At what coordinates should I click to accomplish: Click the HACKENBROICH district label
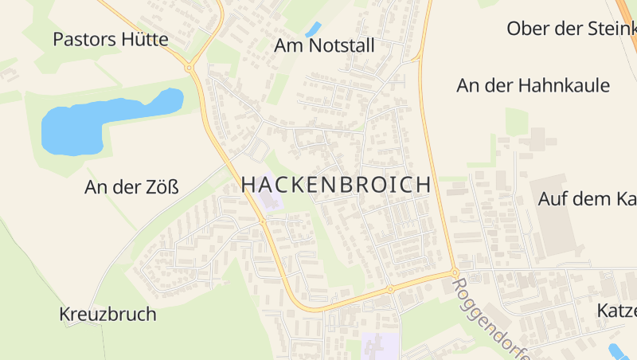pyautogui.click(x=335, y=185)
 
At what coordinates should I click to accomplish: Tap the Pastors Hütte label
pyautogui.click(x=111, y=39)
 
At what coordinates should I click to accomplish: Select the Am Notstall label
pyautogui.click(x=323, y=46)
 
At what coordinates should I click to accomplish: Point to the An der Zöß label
pyautogui.click(x=131, y=188)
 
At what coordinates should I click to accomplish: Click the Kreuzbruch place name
pyautogui.click(x=107, y=314)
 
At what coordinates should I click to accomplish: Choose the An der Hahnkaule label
pyautogui.click(x=533, y=85)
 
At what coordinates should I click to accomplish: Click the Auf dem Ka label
pyautogui.click(x=587, y=198)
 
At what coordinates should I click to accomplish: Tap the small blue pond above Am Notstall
pyautogui.click(x=313, y=29)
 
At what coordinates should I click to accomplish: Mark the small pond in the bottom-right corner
pyautogui.click(x=617, y=350)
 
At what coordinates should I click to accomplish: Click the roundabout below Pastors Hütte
pyautogui.click(x=190, y=68)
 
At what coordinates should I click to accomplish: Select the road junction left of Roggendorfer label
pyautogui.click(x=454, y=273)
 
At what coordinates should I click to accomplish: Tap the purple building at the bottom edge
pyautogui.click(x=374, y=346)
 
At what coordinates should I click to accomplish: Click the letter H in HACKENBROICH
pyautogui.click(x=248, y=185)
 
